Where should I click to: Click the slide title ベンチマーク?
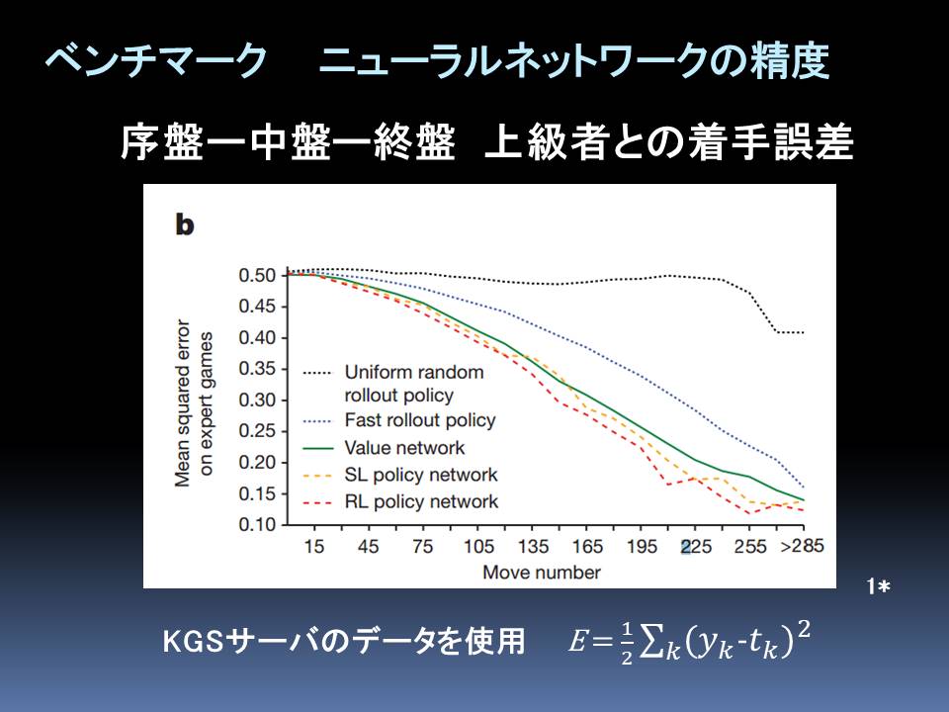tap(156, 62)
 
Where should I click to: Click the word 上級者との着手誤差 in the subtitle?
tap(669, 144)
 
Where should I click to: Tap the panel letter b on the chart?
tap(184, 224)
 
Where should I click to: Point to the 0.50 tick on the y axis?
tap(260, 275)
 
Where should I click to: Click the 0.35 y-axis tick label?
tap(260, 369)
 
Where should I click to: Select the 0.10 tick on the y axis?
tap(260, 524)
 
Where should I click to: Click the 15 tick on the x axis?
tap(314, 547)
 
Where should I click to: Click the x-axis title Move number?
tap(541, 573)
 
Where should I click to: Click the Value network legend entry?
tap(405, 448)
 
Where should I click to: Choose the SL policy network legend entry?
tap(422, 475)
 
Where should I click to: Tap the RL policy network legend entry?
tap(422, 501)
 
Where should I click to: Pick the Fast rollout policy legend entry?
tap(420, 420)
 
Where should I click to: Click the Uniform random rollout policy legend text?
tap(414, 384)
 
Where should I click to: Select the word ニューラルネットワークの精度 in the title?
tap(574, 62)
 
